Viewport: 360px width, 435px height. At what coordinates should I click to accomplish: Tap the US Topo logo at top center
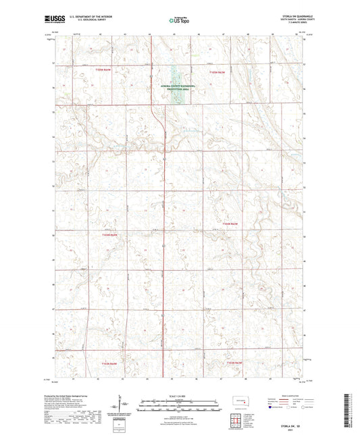[x=179, y=21]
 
